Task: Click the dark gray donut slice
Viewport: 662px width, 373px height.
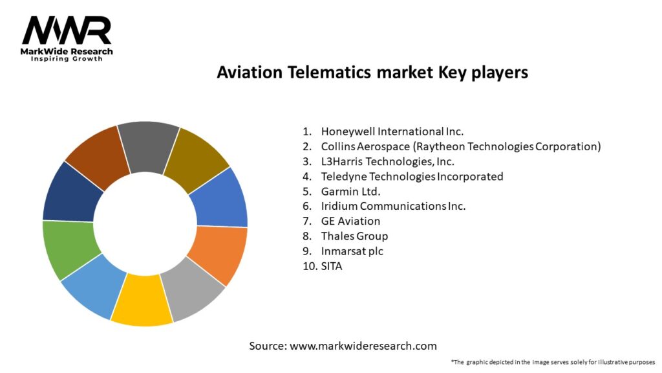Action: [x=148, y=147]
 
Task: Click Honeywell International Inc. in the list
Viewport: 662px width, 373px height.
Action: [x=392, y=131]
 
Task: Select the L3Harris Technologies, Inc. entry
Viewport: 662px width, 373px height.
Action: [x=388, y=161]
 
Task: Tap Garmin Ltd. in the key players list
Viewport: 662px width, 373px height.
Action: [x=350, y=192]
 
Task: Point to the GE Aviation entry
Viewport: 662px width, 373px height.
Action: [x=350, y=221]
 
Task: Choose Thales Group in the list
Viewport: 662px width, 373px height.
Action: [x=354, y=236]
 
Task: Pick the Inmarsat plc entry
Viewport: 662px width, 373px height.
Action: [x=352, y=251]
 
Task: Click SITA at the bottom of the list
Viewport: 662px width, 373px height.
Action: [x=332, y=266]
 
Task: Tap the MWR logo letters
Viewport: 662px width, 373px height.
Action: [x=67, y=31]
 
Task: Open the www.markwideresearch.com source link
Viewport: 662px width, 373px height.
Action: [x=363, y=346]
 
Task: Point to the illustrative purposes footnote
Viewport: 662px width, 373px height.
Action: [x=553, y=362]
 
